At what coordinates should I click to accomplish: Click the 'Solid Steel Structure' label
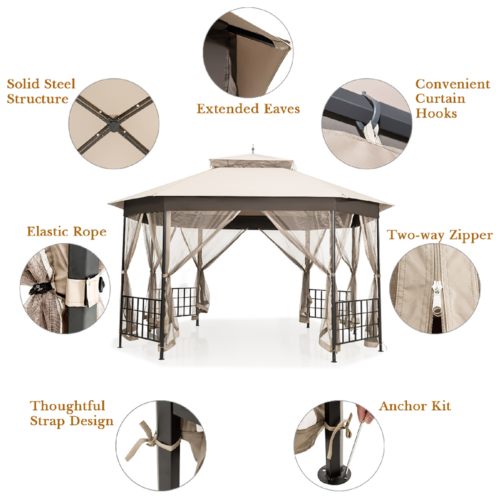pyautogui.click(x=41, y=91)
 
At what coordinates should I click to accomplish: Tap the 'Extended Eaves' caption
pyautogui.click(x=248, y=109)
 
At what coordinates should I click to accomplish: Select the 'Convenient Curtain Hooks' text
pyautogui.click(x=452, y=98)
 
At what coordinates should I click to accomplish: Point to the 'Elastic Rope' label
pyautogui.click(x=66, y=232)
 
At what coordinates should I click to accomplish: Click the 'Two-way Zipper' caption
pyautogui.click(x=440, y=235)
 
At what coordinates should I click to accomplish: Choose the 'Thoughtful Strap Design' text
pyautogui.click(x=71, y=413)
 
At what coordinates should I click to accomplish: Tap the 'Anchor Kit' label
pyautogui.click(x=415, y=406)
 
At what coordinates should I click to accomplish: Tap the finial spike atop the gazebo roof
pyautogui.click(x=253, y=149)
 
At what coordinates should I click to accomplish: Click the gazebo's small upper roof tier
pyautogui.click(x=251, y=163)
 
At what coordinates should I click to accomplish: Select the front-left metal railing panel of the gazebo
pyautogui.click(x=141, y=318)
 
